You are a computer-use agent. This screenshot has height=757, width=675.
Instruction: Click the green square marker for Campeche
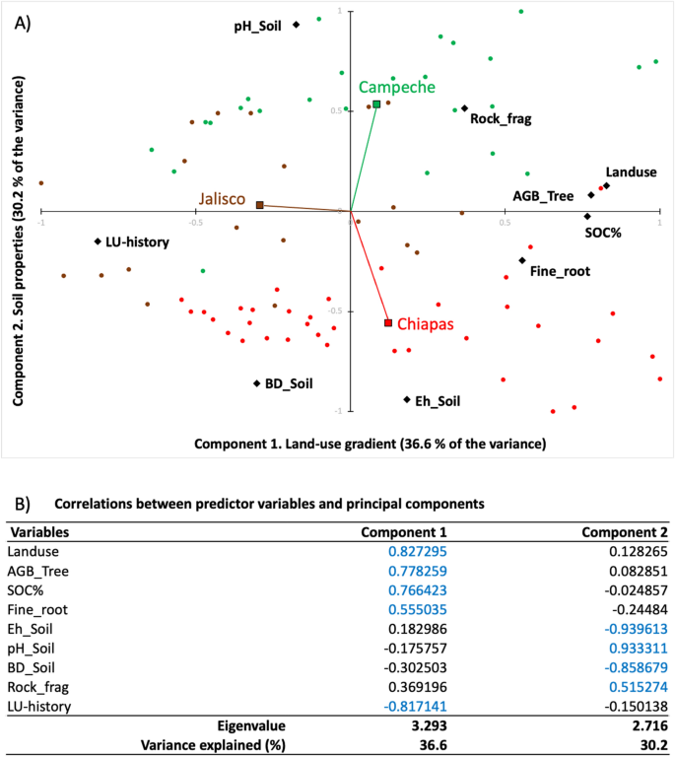pos(376,103)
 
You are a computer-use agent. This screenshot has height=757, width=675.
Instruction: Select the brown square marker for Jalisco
pos(260,205)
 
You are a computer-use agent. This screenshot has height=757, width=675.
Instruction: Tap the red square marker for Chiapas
pos(388,323)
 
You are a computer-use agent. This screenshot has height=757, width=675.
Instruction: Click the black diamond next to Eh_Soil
pos(407,399)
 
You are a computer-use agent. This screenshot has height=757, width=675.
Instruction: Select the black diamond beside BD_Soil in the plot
pos(257,383)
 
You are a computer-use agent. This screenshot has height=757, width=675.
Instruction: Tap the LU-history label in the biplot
pos(137,241)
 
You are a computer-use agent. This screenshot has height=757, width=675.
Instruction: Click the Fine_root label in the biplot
pos(560,270)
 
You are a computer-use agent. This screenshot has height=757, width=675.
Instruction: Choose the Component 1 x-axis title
pos(370,444)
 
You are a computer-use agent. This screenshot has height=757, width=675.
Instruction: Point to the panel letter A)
pos(23,21)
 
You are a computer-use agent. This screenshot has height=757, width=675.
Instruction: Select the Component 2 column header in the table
pos(624,532)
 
